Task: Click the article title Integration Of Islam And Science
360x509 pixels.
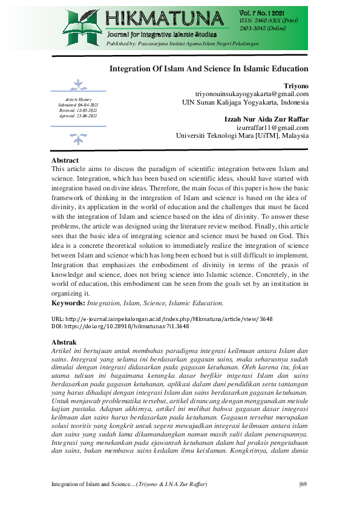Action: tap(209, 69)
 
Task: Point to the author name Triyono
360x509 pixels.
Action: tap(296, 86)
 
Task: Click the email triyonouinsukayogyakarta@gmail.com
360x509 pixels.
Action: tap(252, 94)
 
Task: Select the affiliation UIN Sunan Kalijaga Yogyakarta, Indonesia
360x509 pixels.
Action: tap(246, 103)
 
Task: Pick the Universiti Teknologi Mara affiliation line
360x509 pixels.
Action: tap(242, 136)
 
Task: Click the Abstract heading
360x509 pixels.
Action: tap(65, 160)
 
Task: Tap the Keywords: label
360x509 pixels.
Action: tap(68, 302)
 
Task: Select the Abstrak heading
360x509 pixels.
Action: tap(64, 342)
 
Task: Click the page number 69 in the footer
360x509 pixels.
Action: tap(304, 484)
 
